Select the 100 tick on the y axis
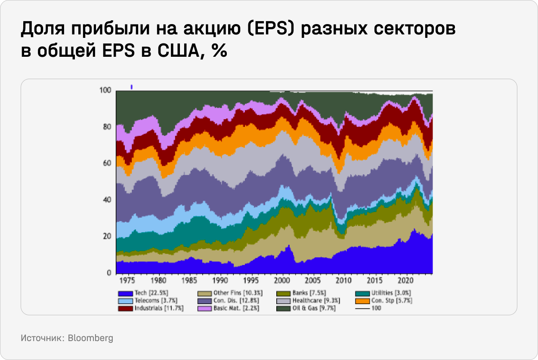click(105, 90)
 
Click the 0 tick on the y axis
click(109, 273)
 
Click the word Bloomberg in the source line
click(90, 338)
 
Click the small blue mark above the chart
click(131, 87)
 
